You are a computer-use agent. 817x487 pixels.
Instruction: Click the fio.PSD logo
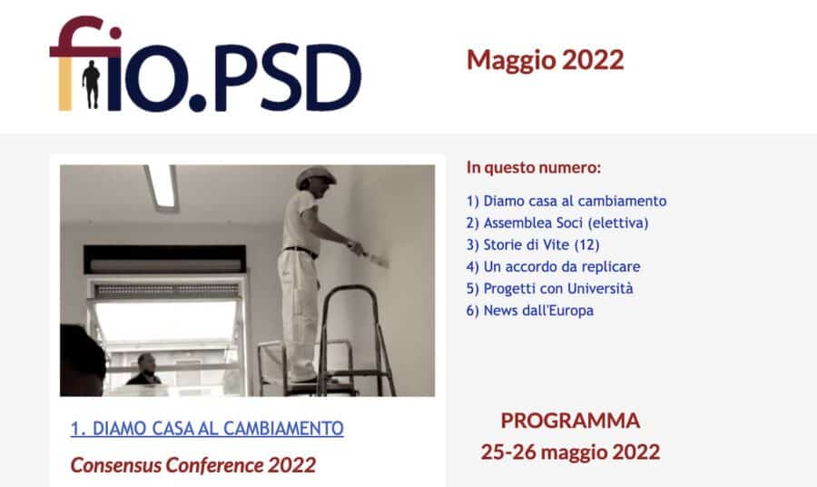[x=205, y=64]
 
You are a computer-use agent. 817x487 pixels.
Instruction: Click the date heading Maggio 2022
[x=545, y=60]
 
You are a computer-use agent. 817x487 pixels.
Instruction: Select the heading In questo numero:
[x=534, y=167]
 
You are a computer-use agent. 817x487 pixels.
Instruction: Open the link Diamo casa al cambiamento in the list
[x=566, y=201]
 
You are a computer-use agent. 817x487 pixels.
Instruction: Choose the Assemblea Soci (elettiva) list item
[x=557, y=223]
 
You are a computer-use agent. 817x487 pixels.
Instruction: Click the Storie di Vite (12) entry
[x=533, y=244]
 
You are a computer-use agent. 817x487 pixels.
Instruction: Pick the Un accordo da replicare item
[x=554, y=266]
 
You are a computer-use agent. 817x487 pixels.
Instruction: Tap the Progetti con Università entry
[x=550, y=288]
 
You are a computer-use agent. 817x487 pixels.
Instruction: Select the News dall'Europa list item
[x=530, y=310]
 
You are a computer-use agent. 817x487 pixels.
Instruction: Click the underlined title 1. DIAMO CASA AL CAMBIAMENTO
[x=207, y=429]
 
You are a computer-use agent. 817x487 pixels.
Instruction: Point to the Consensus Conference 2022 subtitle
[x=193, y=465]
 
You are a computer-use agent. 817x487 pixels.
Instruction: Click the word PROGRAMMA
[x=570, y=421]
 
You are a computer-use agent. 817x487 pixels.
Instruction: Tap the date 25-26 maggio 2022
[x=570, y=452]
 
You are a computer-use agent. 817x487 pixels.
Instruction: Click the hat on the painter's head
[x=315, y=176]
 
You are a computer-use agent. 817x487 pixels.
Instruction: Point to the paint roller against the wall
[x=374, y=257]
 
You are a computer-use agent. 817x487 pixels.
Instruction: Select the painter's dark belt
[x=300, y=252]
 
